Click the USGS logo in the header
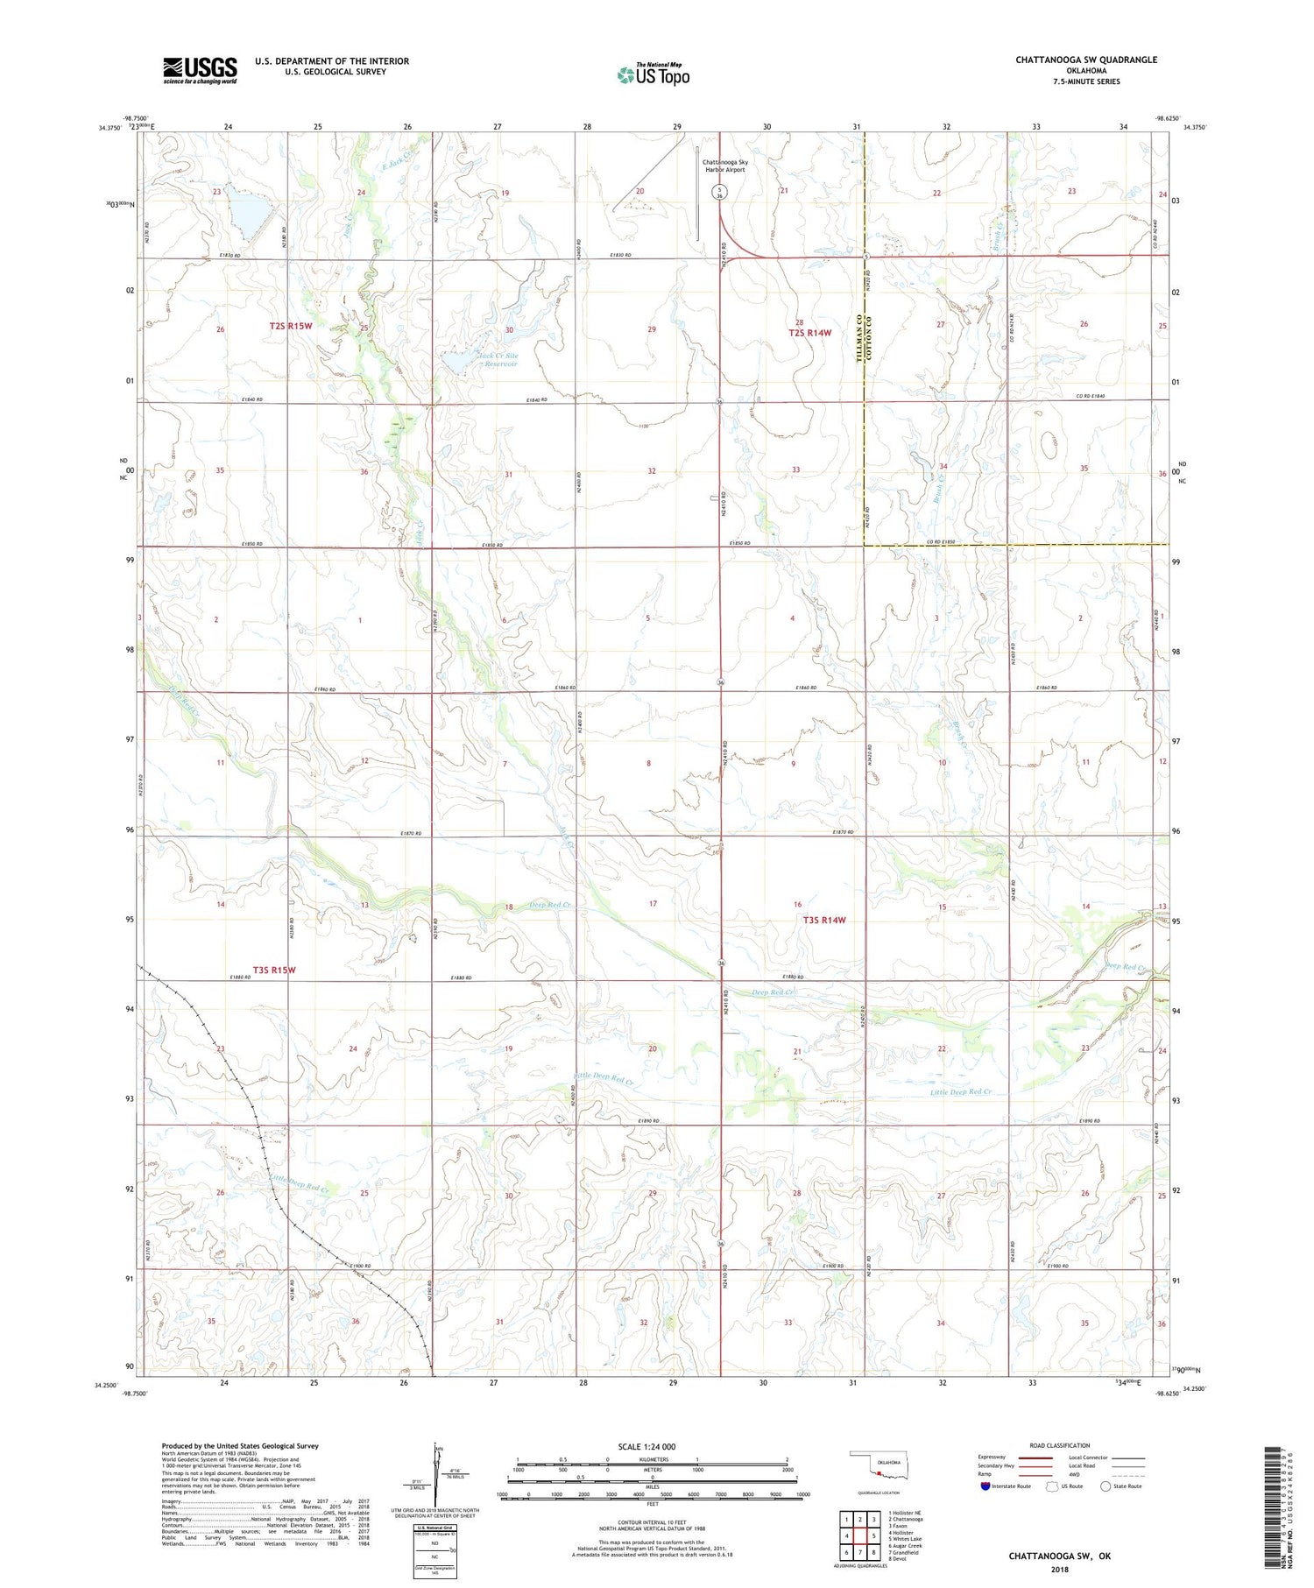(x=200, y=70)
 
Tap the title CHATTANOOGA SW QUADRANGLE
(x=1085, y=60)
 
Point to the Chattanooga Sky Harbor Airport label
(x=724, y=166)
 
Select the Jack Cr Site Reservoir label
(x=497, y=360)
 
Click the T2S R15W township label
(x=290, y=326)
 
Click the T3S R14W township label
(x=824, y=920)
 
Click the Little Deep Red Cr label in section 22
(x=960, y=1092)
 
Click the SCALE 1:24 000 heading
(x=646, y=1446)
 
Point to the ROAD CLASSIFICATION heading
(x=1059, y=1445)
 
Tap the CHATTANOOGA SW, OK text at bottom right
(x=1059, y=1556)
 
